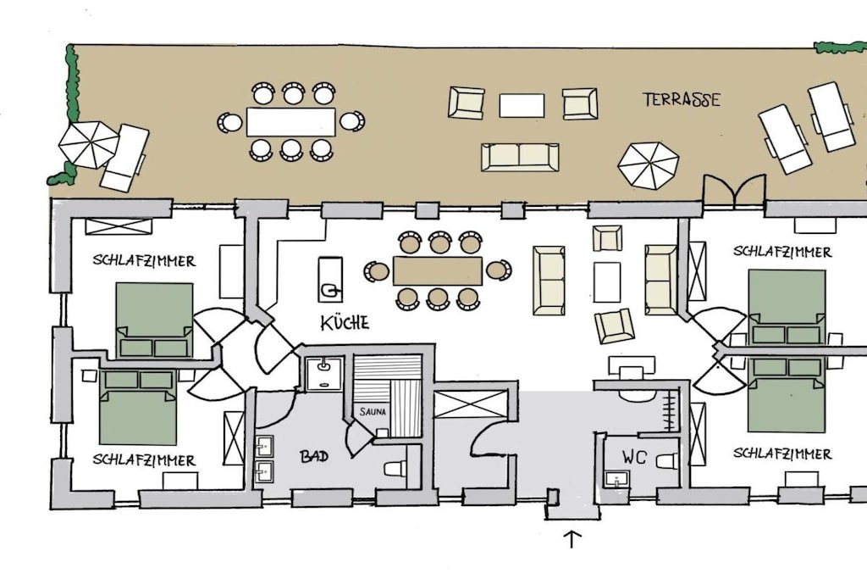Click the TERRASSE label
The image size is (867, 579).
[x=682, y=100]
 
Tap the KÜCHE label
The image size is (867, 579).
[x=345, y=323]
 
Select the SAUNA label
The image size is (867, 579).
[x=373, y=412]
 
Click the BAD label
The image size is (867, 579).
[x=314, y=456]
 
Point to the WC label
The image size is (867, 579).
[x=634, y=457]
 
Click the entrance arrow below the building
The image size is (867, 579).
[x=572, y=539]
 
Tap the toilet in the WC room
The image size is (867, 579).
[x=667, y=460]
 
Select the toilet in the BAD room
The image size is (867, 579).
[x=395, y=469]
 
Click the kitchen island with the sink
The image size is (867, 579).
[x=330, y=279]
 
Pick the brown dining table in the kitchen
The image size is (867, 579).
[x=438, y=270]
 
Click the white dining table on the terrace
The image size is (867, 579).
[x=291, y=122]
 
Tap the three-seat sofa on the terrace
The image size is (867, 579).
[x=520, y=157]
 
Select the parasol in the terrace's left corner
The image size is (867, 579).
[x=88, y=144]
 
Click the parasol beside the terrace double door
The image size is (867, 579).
[x=648, y=165]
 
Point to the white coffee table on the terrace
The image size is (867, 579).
[x=522, y=105]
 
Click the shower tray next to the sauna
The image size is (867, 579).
[x=324, y=374]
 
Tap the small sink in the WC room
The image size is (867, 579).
[x=617, y=479]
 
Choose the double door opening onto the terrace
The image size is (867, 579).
[x=734, y=190]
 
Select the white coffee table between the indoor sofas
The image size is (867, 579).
[x=607, y=282]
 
